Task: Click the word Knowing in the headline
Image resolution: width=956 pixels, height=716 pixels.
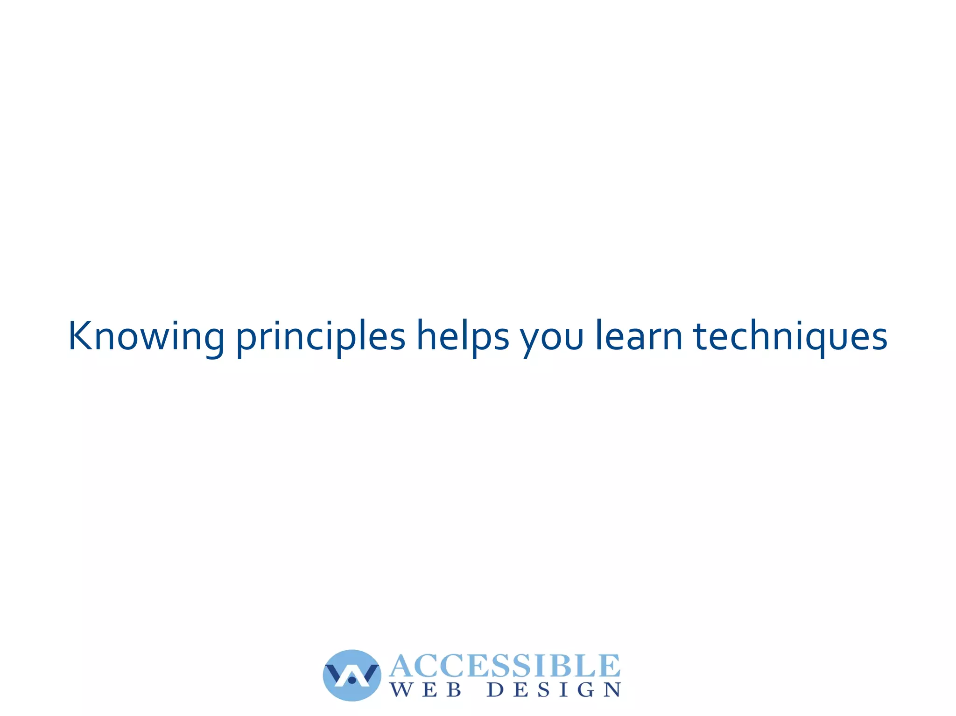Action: [146, 337]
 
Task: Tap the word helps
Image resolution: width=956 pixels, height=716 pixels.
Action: [463, 337]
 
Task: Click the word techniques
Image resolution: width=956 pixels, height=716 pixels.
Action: [790, 337]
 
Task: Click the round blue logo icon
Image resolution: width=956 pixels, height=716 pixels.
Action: [352, 675]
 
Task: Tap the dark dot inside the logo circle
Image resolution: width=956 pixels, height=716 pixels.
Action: [352, 681]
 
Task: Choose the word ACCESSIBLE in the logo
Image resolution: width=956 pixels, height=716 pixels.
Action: [505, 666]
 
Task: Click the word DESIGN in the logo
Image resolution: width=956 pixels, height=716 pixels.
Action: [554, 690]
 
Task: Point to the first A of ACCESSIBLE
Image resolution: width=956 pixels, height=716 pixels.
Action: [402, 666]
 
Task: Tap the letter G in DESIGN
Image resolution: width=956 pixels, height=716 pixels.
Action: [586, 690]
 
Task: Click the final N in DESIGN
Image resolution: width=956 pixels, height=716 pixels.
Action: [612, 690]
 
